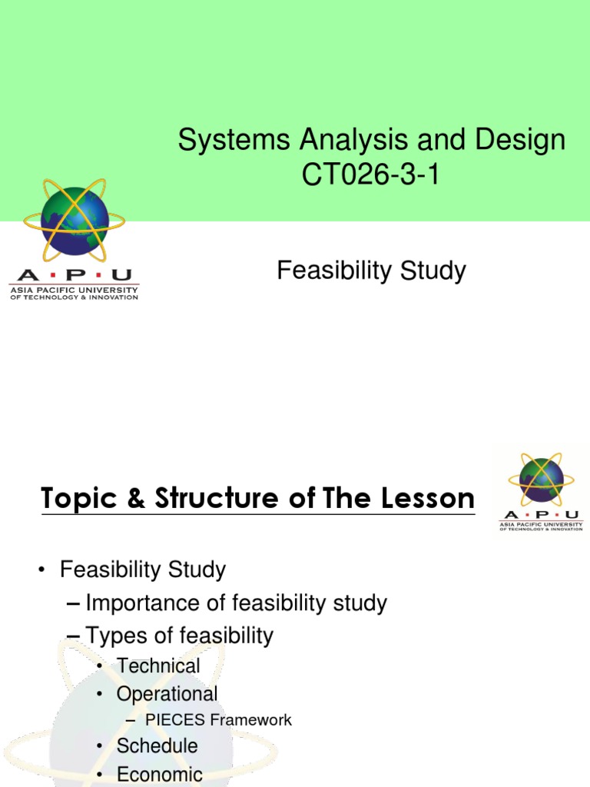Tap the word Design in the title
520,141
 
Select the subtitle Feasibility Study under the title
371,271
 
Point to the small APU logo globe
541,480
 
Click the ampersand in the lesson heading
131,499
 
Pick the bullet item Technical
158,666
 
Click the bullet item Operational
167,694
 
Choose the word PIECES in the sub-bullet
174,720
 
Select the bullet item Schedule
157,745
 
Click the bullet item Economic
159,774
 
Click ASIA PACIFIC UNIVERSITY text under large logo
74,290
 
